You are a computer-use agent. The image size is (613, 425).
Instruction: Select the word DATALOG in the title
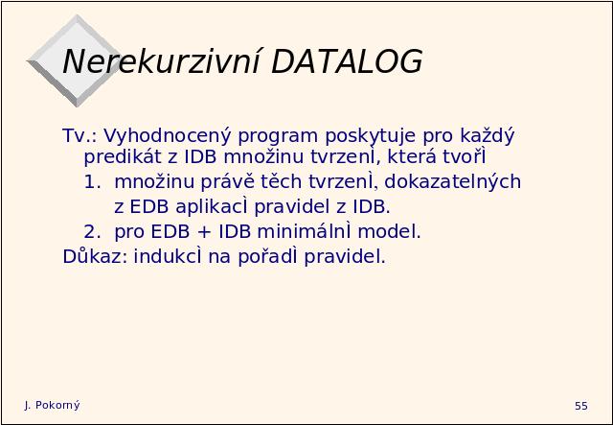point(347,61)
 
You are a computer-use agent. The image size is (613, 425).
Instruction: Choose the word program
point(278,137)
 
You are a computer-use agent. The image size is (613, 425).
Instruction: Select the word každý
point(488,136)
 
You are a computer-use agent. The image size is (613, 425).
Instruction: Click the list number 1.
point(93,182)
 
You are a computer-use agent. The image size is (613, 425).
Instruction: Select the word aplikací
point(212,207)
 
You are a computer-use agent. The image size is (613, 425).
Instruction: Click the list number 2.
point(93,232)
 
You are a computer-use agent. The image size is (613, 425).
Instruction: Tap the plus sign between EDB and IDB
point(204,232)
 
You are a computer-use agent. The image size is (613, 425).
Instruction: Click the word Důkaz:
point(95,256)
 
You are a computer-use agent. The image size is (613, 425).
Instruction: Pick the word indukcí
point(169,256)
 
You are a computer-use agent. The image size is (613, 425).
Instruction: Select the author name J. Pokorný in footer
point(52,406)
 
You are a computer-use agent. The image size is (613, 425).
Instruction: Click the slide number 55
point(581,406)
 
